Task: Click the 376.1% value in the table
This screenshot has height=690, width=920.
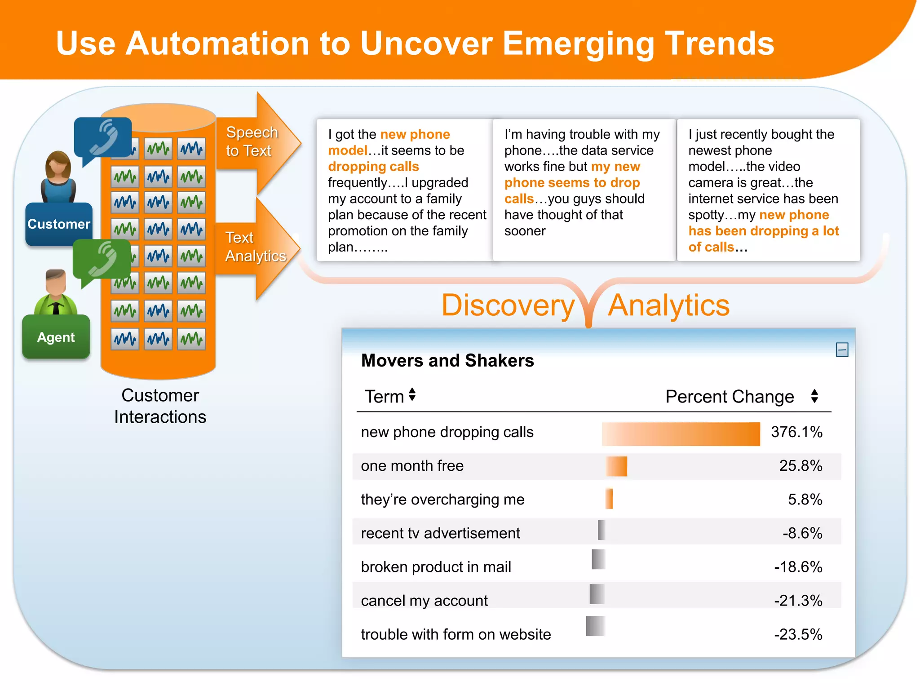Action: pyautogui.click(x=796, y=432)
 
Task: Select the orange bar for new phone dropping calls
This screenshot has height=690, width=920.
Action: pyautogui.click(x=681, y=434)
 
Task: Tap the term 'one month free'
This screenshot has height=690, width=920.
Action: pyautogui.click(x=412, y=466)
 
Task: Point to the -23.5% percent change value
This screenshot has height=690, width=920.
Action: pyautogui.click(x=798, y=634)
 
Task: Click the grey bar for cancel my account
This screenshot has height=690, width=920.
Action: pyautogui.click(x=597, y=594)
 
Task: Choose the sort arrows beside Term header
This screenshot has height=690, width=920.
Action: pyautogui.click(x=412, y=395)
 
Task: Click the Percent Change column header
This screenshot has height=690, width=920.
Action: pyautogui.click(x=730, y=397)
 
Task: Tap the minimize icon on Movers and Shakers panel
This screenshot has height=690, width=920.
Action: pyautogui.click(x=842, y=350)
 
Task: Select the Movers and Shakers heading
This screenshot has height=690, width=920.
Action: pyautogui.click(x=447, y=361)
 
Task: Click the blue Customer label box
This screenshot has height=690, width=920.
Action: pyautogui.click(x=59, y=224)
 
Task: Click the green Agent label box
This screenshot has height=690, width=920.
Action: pyautogui.click(x=56, y=337)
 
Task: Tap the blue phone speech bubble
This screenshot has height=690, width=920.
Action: pyautogui.click(x=103, y=137)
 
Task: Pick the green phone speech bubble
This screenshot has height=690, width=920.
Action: pyautogui.click(x=102, y=259)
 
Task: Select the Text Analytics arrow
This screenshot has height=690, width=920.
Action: pyautogui.click(x=255, y=247)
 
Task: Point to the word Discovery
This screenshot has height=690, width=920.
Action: pyautogui.click(x=508, y=305)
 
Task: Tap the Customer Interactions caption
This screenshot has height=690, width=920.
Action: pyautogui.click(x=160, y=406)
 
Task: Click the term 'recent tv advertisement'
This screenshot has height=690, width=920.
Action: pyautogui.click(x=440, y=533)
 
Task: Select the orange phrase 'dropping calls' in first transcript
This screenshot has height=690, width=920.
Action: pyautogui.click(x=373, y=167)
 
